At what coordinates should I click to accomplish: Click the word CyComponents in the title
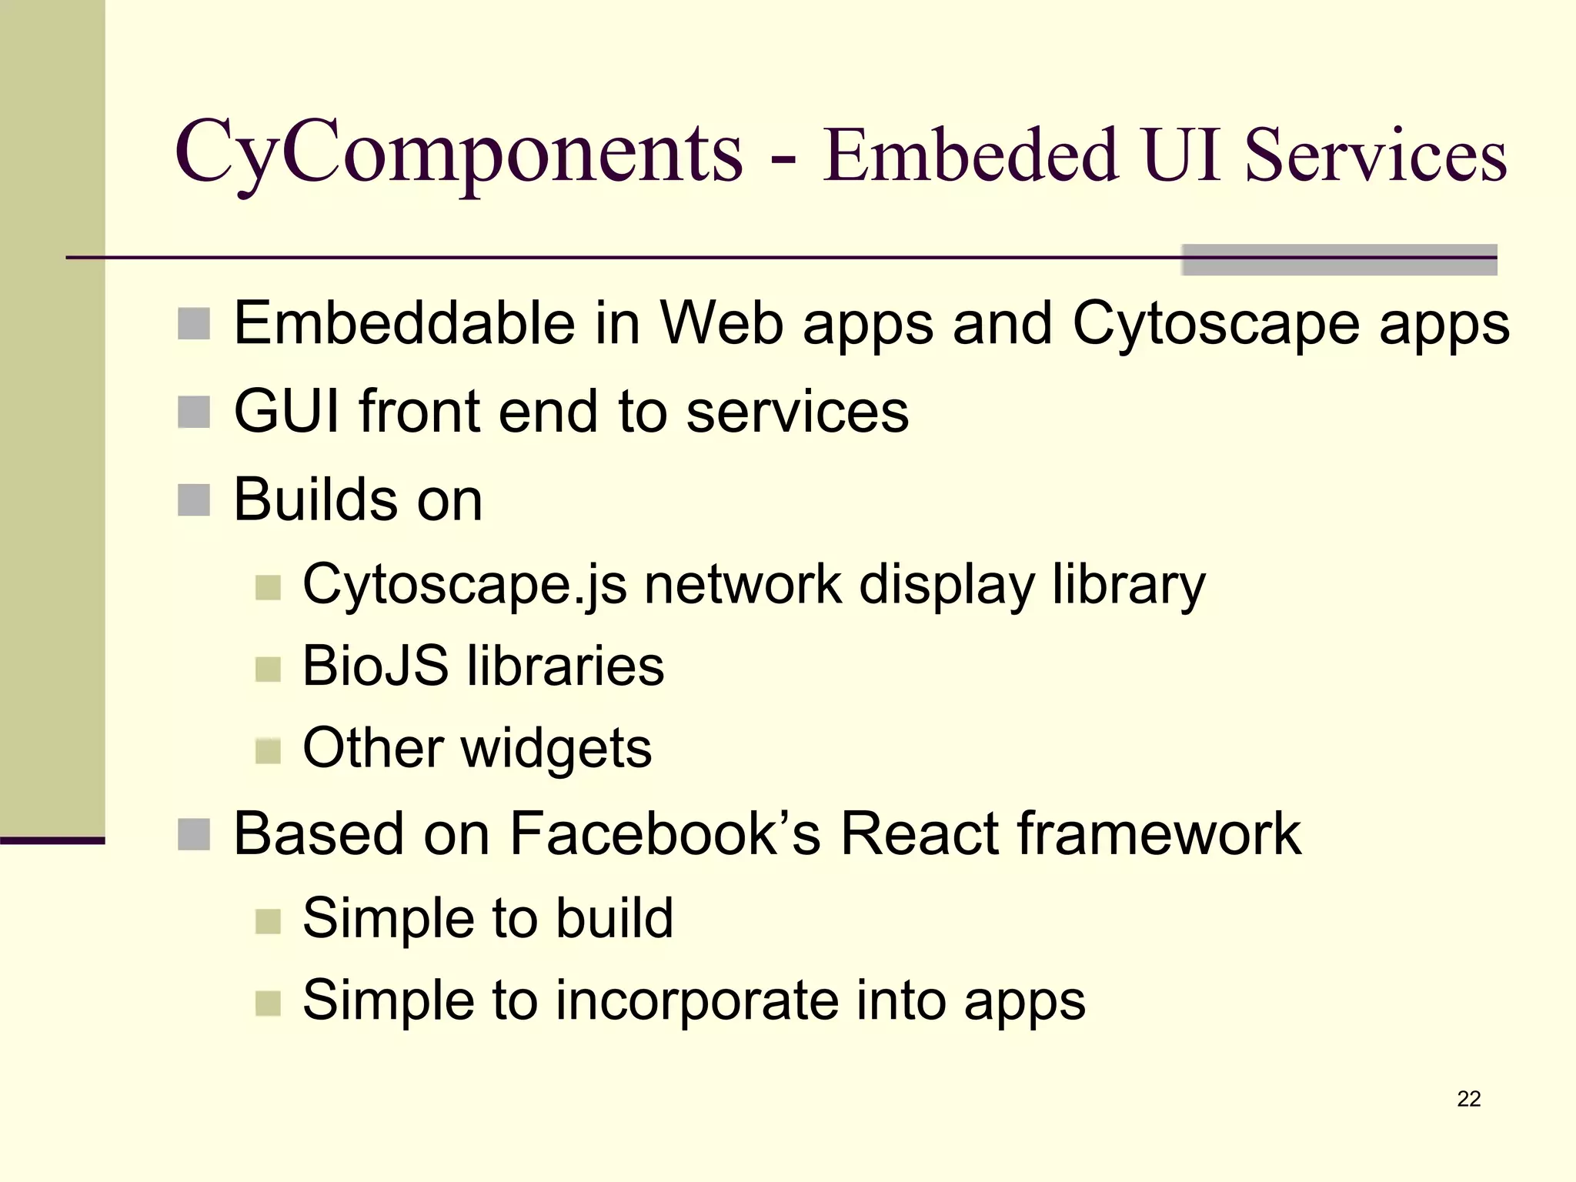pyautogui.click(x=459, y=154)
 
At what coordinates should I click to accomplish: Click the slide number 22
pyautogui.click(x=1468, y=1098)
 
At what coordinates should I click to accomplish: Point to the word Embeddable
pyautogui.click(x=405, y=323)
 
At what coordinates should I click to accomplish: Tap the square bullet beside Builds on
pyautogui.click(x=194, y=500)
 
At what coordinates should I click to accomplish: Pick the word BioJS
pyautogui.click(x=376, y=666)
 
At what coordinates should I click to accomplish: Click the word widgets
pyautogui.click(x=556, y=749)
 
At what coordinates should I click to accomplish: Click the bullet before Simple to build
pyautogui.click(x=268, y=921)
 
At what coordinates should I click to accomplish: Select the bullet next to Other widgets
pyautogui.click(x=268, y=751)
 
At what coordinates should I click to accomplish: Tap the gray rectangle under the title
pyautogui.click(x=1339, y=260)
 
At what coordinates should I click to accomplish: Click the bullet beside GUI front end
pyautogui.click(x=194, y=412)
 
